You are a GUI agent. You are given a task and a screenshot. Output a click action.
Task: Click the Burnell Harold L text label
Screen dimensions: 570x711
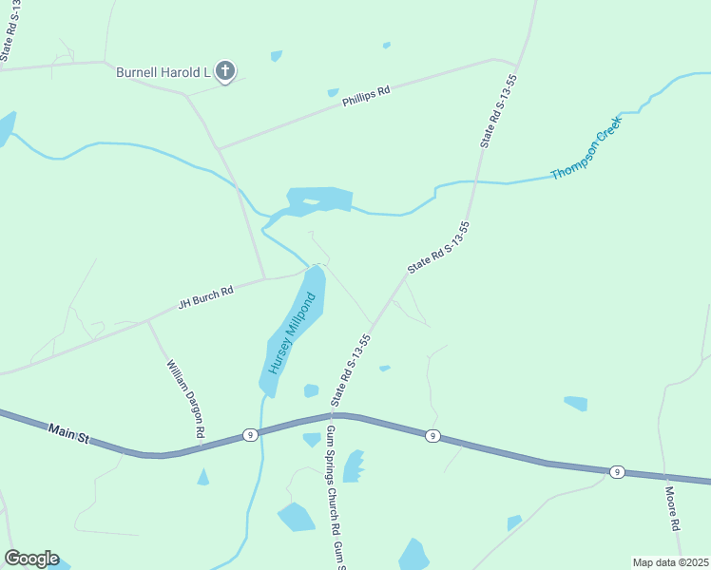point(163,71)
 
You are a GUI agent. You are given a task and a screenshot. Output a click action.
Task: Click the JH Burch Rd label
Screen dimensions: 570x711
point(205,298)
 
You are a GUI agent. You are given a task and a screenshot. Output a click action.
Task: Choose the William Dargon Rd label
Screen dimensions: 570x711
point(185,398)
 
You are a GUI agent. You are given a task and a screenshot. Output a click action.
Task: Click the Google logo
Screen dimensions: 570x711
point(30,559)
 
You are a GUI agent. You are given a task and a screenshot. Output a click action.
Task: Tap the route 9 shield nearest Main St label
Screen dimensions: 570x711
point(249,434)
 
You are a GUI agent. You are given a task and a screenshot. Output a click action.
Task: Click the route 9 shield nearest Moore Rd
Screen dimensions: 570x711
point(617,472)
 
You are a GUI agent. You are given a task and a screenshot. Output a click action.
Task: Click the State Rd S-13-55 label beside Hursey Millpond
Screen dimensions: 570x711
point(351,370)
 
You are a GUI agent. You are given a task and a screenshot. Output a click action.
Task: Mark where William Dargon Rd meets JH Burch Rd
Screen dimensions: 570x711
point(147,321)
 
